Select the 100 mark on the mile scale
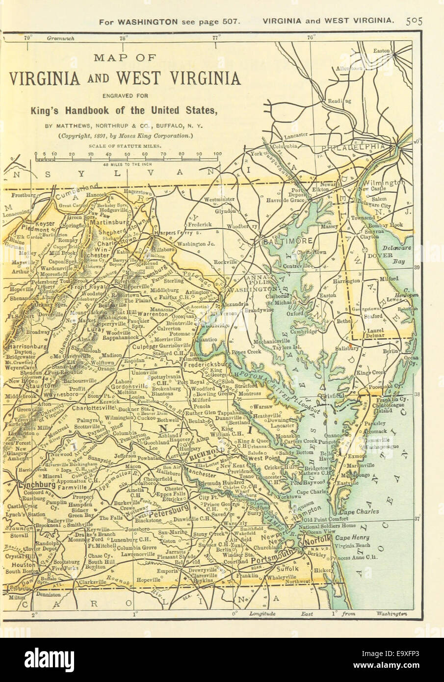217,154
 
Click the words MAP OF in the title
125,58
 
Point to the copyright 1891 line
126,136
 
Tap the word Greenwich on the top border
60,38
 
